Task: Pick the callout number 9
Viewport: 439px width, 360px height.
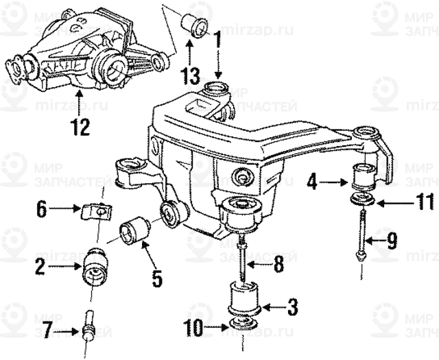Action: [391, 241]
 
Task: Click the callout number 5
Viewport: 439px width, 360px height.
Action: [157, 278]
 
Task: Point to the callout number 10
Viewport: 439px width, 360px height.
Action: [193, 328]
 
